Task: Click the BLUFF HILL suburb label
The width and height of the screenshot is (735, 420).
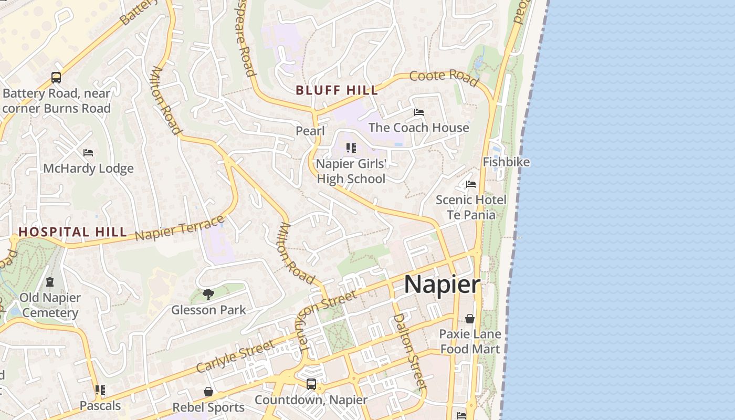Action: point(337,90)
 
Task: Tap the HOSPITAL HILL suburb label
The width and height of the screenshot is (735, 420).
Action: point(72,232)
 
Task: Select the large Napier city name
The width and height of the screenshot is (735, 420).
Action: point(442,285)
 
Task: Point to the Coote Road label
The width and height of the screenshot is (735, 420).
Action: point(444,78)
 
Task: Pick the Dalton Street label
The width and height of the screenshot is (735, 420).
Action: point(408,350)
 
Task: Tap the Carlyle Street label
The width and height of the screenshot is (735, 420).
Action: point(235,356)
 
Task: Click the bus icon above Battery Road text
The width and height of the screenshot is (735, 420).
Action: point(56,78)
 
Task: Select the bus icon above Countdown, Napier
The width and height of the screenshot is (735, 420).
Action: point(311,384)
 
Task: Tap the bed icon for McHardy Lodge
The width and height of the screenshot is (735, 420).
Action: point(88,153)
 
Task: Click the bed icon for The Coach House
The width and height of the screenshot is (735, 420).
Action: point(418,112)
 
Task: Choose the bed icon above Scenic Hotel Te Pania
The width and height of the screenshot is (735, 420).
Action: point(471,184)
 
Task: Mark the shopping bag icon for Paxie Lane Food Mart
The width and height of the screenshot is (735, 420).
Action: point(470,319)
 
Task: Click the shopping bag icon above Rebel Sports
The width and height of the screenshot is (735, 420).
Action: point(208,392)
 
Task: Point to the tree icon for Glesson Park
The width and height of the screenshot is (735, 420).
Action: point(208,294)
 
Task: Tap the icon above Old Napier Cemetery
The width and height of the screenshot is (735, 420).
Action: point(50,282)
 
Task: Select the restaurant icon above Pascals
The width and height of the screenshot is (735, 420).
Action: point(100,390)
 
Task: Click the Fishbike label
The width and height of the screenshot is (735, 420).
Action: point(506,162)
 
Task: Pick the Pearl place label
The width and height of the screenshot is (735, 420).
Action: point(310,131)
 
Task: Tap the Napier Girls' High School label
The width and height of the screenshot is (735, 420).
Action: point(351,171)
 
